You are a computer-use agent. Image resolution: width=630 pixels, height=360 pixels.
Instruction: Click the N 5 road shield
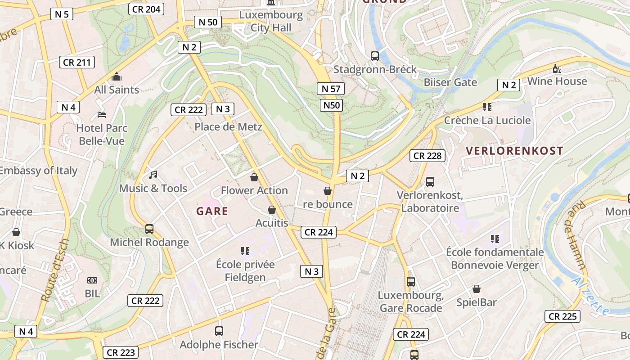point(62,14)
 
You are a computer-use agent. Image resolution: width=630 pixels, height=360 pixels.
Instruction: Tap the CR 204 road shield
point(146,9)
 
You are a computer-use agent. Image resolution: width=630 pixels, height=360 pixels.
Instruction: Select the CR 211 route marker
point(77,62)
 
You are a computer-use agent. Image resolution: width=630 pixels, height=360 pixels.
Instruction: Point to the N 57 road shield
point(331,89)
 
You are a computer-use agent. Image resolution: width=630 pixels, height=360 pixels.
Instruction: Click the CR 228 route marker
point(427,156)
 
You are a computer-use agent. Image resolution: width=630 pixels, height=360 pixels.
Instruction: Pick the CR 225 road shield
point(562,316)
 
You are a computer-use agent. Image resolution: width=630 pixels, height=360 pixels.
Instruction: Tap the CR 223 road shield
point(121,352)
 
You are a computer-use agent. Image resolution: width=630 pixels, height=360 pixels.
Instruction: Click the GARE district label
point(212,211)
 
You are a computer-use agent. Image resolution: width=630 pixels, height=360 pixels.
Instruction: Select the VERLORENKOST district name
point(514,151)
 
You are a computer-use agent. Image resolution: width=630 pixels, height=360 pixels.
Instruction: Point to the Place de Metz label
point(228,127)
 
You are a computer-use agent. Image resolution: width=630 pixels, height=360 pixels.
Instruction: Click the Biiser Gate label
point(450,82)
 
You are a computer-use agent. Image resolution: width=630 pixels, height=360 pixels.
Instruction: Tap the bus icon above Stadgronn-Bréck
point(375,56)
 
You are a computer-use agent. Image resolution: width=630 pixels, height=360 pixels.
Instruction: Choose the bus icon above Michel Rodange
point(149,229)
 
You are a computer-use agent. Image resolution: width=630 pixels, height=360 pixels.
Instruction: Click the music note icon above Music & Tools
point(153,175)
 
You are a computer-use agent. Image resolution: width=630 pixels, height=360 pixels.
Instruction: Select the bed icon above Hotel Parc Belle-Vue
point(102,115)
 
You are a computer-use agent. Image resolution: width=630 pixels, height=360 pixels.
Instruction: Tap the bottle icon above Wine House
point(557,69)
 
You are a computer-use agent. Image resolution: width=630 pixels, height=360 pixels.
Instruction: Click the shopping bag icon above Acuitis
point(272,210)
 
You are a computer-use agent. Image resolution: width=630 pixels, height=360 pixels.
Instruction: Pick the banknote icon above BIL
point(92,280)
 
